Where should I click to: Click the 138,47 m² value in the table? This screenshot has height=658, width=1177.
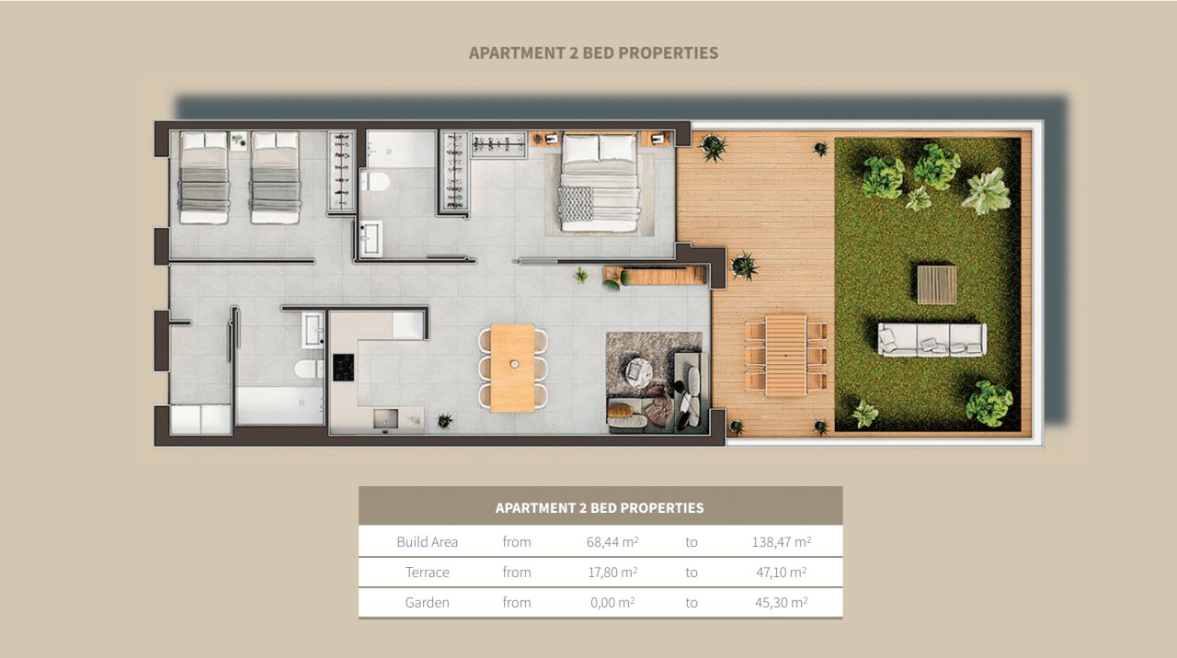coord(781,541)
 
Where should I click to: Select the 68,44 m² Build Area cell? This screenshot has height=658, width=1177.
coord(611,541)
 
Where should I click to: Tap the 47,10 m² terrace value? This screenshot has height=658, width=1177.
coord(779,572)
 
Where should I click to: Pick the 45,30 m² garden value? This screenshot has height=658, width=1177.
coord(779,602)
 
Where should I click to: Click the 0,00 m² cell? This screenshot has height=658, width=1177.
coord(611,602)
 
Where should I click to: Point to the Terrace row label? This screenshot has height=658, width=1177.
coord(428,572)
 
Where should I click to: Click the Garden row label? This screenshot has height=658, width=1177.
coord(428,602)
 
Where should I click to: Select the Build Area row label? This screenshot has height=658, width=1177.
coord(428,541)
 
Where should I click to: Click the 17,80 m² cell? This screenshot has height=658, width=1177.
coord(611,572)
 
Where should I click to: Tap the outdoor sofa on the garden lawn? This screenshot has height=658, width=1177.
coord(931,339)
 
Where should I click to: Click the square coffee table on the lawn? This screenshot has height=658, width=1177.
coord(936,284)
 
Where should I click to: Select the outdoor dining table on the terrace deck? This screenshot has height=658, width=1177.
coord(785,355)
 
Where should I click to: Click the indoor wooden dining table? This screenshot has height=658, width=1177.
coord(512,367)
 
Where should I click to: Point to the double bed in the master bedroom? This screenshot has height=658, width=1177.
coord(600,182)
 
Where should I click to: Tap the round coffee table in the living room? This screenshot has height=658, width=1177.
coord(638,369)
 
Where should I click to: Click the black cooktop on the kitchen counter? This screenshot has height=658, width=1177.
coord(343,368)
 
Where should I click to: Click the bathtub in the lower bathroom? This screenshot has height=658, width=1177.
coord(280,404)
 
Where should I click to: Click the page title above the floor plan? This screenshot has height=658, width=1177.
coord(593,52)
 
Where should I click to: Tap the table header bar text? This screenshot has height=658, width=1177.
coord(600,507)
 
